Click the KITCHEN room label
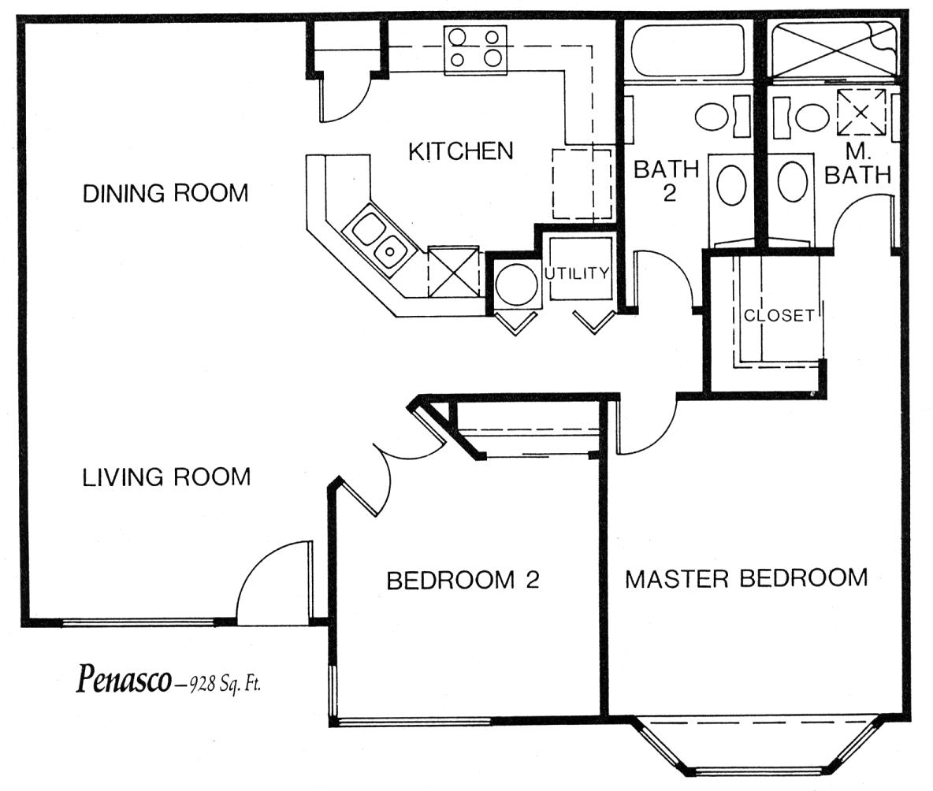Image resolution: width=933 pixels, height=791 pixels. [x=460, y=151]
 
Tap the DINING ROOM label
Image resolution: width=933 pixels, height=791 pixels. [x=165, y=193]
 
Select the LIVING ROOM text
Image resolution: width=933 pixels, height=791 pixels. [x=166, y=477]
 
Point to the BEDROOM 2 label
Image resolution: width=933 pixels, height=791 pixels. [x=463, y=580]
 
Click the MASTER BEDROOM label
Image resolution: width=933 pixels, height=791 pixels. [x=746, y=578]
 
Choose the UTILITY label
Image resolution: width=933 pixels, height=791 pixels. [x=577, y=273]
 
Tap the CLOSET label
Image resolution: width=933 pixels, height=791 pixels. [x=779, y=314]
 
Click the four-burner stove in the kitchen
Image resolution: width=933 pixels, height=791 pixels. [x=475, y=50]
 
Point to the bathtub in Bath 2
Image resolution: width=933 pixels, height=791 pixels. [x=687, y=50]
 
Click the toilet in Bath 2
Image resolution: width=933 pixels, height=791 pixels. [x=719, y=115]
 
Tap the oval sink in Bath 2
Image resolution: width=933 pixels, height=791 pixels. [x=731, y=185]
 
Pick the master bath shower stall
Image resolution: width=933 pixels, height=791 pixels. [x=833, y=50]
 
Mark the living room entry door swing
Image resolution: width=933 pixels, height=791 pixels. [x=273, y=581]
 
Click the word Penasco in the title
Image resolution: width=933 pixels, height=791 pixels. [x=124, y=680]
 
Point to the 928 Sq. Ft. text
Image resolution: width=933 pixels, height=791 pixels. [x=225, y=685]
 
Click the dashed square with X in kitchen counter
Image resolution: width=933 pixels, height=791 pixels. [x=453, y=271]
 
